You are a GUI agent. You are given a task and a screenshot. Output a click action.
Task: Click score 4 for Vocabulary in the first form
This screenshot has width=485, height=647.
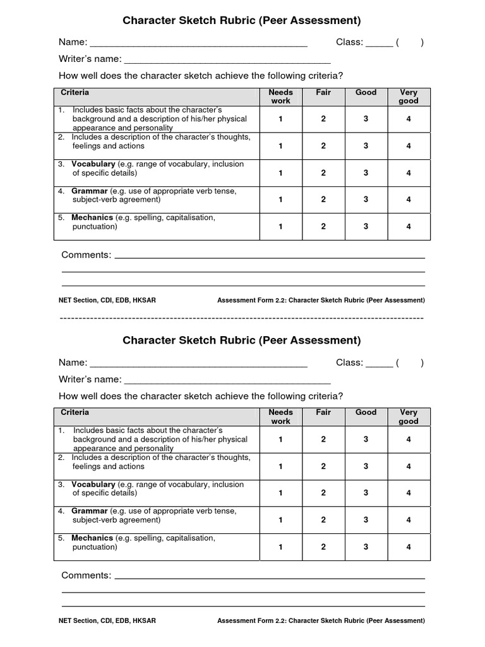[x=409, y=172]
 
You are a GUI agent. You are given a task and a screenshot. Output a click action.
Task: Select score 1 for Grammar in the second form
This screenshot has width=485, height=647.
[x=280, y=520]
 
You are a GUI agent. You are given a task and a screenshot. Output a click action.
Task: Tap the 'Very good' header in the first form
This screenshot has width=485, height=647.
[x=409, y=97]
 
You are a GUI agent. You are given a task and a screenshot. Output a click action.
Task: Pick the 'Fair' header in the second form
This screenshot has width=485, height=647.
[x=323, y=413]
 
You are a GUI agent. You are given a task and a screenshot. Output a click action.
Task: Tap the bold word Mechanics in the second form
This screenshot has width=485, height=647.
[x=92, y=538]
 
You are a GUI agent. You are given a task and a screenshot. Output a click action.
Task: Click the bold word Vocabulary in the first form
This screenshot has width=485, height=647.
[x=93, y=164]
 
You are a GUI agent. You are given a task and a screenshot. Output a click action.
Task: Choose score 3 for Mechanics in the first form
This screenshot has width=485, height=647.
[x=366, y=226]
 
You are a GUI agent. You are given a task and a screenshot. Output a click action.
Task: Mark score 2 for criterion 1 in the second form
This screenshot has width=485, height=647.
[x=323, y=439]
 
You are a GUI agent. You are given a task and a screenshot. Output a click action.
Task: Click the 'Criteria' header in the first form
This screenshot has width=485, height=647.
[x=75, y=93]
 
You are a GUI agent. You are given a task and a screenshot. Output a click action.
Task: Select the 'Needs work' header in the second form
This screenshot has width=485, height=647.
[x=280, y=417]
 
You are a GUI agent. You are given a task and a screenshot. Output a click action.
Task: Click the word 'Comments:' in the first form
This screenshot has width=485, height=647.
[x=86, y=255]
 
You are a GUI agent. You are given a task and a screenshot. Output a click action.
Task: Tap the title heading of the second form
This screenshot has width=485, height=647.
[x=242, y=341]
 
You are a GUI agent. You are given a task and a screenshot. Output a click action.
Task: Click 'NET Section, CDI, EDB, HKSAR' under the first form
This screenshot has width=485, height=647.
[x=107, y=300]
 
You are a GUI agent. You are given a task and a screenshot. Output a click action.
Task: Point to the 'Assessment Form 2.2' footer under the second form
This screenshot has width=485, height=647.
[x=321, y=620]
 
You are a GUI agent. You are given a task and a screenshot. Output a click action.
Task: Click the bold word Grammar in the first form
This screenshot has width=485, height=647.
[x=90, y=191]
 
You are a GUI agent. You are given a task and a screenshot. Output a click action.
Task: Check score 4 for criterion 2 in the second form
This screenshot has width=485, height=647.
[x=409, y=466]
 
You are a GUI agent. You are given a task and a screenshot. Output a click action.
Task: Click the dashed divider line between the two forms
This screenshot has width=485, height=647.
[x=242, y=318]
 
